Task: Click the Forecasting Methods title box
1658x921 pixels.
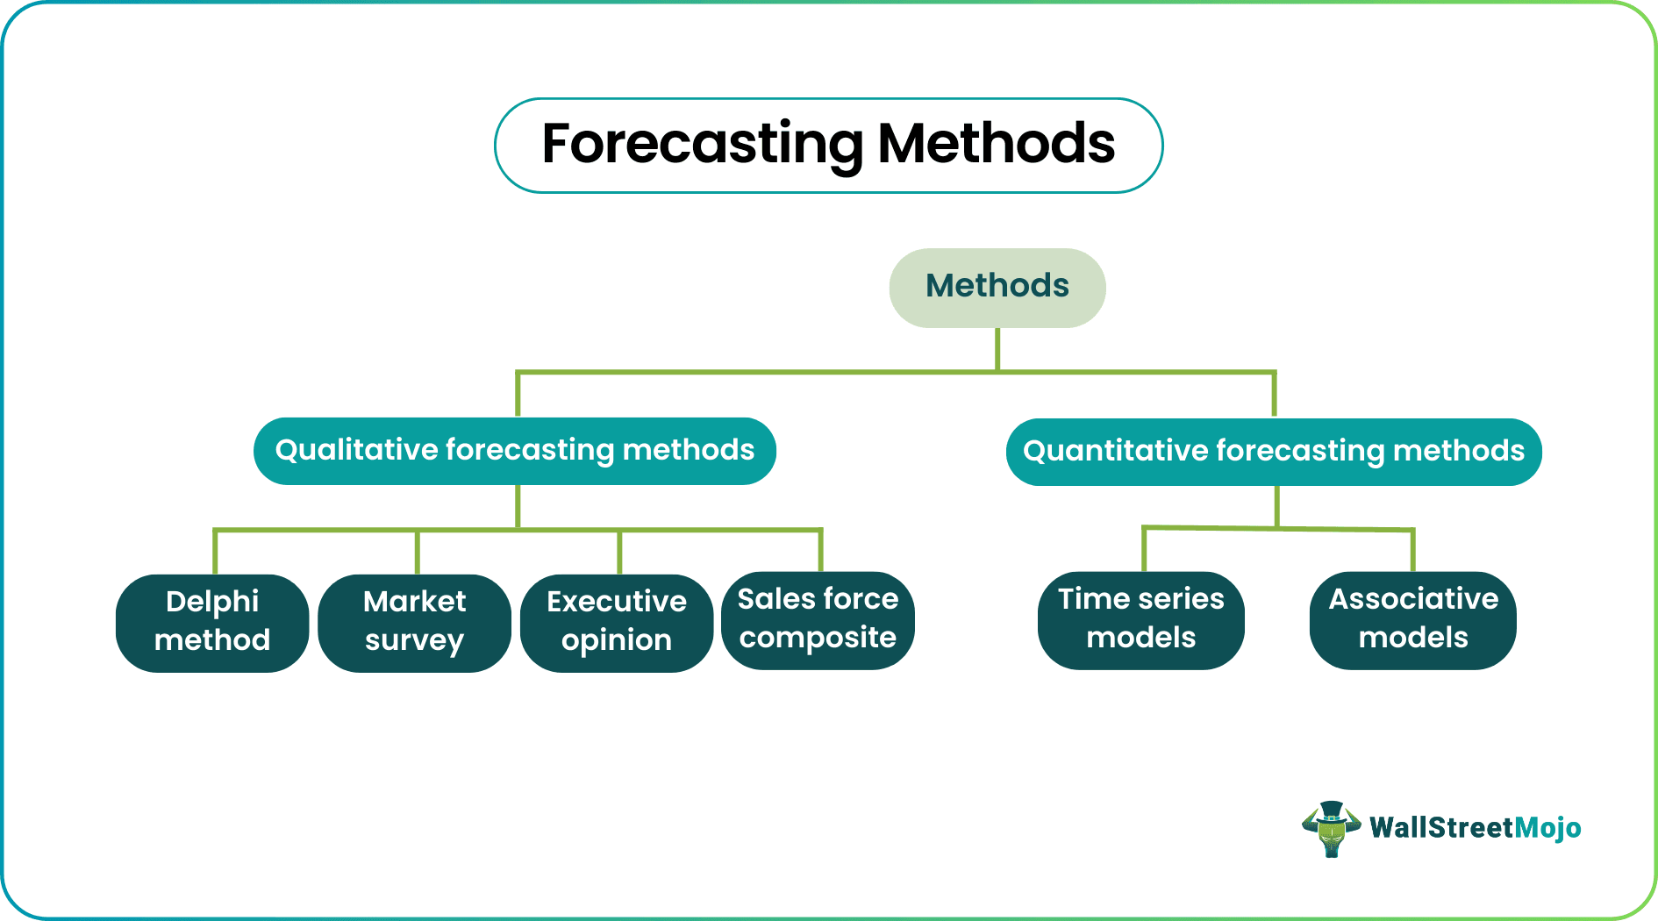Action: click(x=829, y=146)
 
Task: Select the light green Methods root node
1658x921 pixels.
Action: click(x=997, y=288)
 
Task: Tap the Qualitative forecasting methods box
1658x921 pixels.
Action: click(x=515, y=451)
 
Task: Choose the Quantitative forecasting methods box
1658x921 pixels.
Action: click(x=1274, y=452)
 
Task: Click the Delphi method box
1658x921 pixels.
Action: click(x=212, y=623)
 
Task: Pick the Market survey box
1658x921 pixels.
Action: click(x=414, y=623)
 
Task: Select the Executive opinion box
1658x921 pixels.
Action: click(x=617, y=623)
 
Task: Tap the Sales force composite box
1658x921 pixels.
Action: click(x=818, y=620)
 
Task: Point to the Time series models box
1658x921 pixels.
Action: click(x=1141, y=620)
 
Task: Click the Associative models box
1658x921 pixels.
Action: click(x=1413, y=620)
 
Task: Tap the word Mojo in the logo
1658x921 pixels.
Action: click(x=1548, y=828)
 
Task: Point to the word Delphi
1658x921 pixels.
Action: click(x=212, y=602)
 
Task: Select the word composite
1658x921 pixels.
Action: click(x=818, y=639)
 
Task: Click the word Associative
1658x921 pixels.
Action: click(x=1413, y=599)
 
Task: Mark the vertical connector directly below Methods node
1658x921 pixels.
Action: click(x=997, y=349)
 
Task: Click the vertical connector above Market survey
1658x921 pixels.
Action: click(x=418, y=553)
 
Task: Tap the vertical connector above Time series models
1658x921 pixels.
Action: click(x=1144, y=550)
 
